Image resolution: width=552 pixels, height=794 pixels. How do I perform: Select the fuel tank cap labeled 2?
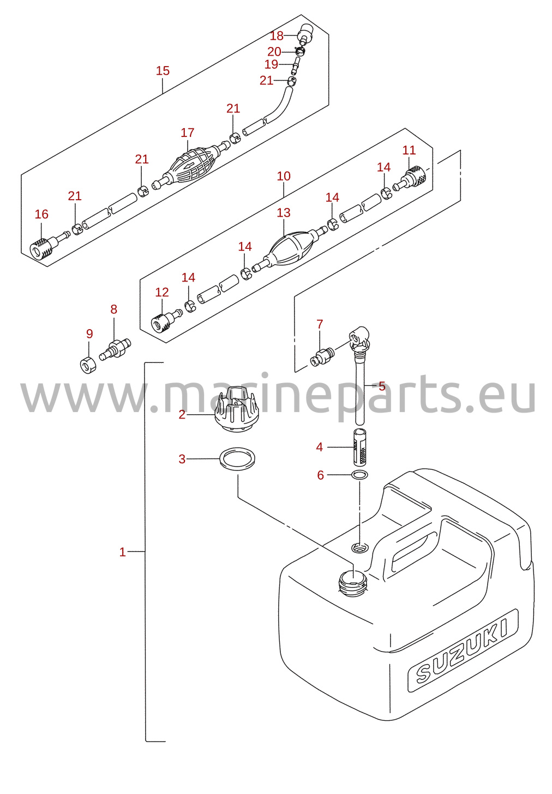click(x=236, y=409)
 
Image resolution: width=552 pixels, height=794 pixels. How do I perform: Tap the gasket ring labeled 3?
click(x=237, y=459)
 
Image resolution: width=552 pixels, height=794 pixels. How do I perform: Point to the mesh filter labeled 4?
click(x=360, y=447)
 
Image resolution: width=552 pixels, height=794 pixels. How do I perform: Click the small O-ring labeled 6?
click(x=359, y=474)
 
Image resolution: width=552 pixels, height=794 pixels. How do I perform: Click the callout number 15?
click(x=163, y=70)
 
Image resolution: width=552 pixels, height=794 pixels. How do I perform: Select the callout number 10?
click(x=284, y=176)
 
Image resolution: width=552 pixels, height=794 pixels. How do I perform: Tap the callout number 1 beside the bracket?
click(x=122, y=552)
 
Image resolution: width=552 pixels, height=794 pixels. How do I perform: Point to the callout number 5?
click(x=382, y=386)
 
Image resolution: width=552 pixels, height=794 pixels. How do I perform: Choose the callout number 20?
click(x=274, y=52)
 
